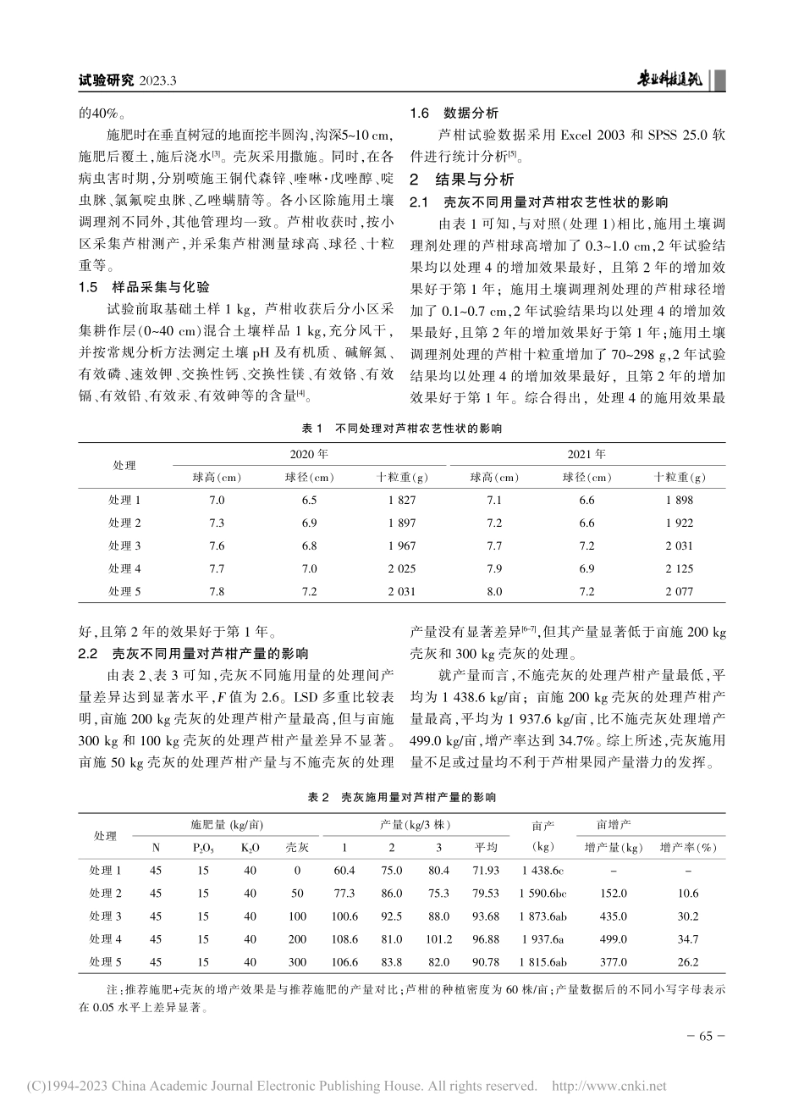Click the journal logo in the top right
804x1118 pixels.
click(673, 80)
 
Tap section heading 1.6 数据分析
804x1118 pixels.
click(454, 113)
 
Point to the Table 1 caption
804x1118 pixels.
click(401, 429)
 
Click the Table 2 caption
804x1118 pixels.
click(401, 797)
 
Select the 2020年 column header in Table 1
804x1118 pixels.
click(310, 455)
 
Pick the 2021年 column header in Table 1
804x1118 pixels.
click(586, 455)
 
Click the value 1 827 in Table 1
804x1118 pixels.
click(402, 501)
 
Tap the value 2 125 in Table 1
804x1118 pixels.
click(679, 568)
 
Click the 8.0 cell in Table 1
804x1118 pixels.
click(494, 591)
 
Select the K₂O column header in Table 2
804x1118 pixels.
click(250, 847)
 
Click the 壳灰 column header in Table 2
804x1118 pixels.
click(297, 847)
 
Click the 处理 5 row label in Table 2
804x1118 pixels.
click(106, 962)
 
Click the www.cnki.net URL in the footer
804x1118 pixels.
click(609, 1087)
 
